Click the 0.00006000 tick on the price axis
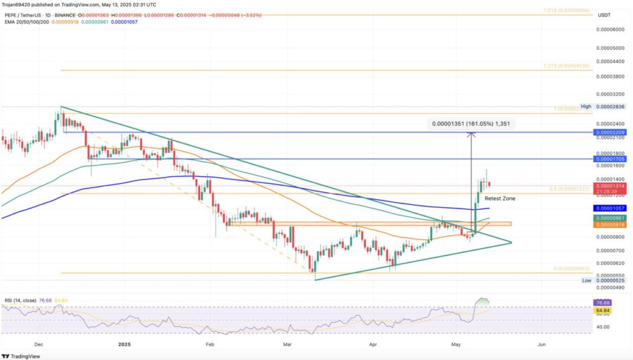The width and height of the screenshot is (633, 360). pos(610,29)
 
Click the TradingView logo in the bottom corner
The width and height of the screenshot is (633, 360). pos(23,355)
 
